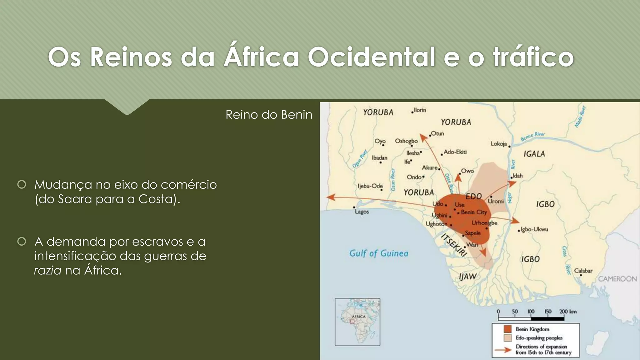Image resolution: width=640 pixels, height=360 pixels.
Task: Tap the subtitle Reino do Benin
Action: click(x=269, y=115)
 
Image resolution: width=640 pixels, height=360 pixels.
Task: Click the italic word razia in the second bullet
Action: click(x=47, y=270)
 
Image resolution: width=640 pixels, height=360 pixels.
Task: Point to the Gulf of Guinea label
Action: click(x=378, y=253)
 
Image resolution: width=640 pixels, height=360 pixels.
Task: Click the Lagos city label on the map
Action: click(x=362, y=212)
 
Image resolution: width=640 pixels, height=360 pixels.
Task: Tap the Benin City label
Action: click(x=474, y=212)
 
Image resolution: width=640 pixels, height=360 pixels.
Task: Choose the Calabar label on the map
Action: click(x=583, y=271)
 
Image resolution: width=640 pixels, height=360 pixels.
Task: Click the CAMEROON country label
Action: click(x=617, y=279)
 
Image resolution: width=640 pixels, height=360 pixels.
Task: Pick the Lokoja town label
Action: click(x=498, y=144)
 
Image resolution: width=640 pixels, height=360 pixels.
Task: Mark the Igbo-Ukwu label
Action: click(x=534, y=229)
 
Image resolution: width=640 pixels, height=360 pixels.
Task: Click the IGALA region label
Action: click(x=534, y=154)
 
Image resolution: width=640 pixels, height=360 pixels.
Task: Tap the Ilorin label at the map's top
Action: click(x=420, y=110)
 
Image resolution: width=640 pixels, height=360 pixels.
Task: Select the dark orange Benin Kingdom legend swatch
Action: click(x=507, y=329)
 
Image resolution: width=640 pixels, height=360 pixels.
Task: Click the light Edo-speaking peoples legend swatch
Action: click(x=507, y=338)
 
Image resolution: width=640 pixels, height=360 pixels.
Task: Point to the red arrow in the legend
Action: click(x=503, y=350)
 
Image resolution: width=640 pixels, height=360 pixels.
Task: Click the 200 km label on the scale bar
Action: click(x=568, y=312)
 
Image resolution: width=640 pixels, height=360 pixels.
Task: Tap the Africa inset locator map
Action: click(x=357, y=322)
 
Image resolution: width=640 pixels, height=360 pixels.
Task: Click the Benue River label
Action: click(x=532, y=136)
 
